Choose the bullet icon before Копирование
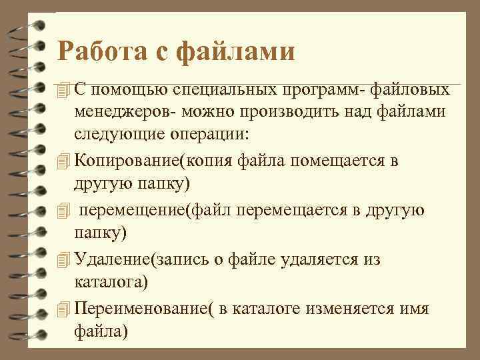(63, 162)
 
